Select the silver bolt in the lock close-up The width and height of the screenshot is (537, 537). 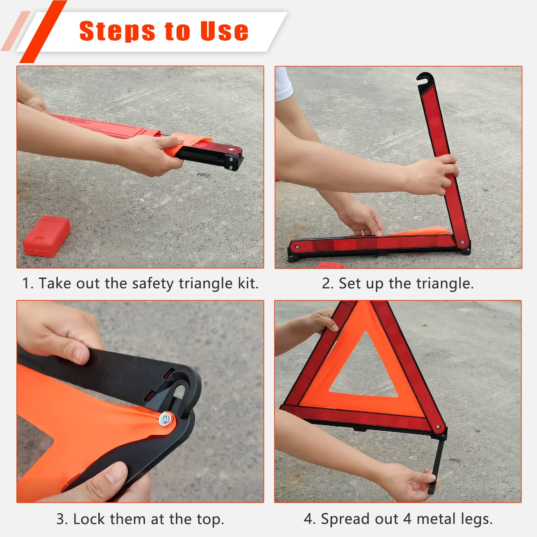click(x=165, y=419)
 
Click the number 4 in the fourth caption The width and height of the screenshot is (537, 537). click(x=407, y=519)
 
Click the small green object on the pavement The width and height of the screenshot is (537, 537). click(x=424, y=325)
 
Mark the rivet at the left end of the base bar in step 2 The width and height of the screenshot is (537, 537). click(x=297, y=247)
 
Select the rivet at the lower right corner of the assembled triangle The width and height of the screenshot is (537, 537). click(x=438, y=428)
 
